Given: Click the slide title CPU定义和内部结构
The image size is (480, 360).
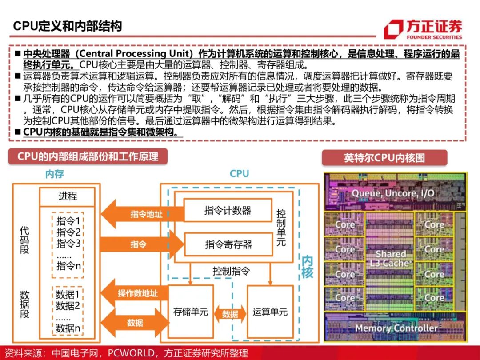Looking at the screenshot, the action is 67,26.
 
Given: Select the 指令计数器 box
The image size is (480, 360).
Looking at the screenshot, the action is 228,211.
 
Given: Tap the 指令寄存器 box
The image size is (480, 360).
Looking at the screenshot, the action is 228,244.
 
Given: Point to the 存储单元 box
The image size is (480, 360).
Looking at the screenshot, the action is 191,312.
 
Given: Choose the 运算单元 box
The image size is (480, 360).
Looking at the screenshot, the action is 270,312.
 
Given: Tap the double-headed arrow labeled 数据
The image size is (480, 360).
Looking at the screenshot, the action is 230,314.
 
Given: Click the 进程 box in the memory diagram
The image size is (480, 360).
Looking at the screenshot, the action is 68,196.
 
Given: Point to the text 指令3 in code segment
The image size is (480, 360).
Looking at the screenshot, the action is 68,244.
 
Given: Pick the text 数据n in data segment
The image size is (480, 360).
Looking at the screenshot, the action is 68,328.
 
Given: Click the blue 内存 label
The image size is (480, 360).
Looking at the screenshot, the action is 55,174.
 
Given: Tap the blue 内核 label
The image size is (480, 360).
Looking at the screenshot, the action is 307,266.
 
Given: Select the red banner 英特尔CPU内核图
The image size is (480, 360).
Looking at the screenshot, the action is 384,158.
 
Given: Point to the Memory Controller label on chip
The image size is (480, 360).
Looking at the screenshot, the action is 396,328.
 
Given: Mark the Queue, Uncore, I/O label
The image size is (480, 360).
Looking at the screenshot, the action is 393,193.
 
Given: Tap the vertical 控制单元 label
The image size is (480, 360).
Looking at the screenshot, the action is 281,228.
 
